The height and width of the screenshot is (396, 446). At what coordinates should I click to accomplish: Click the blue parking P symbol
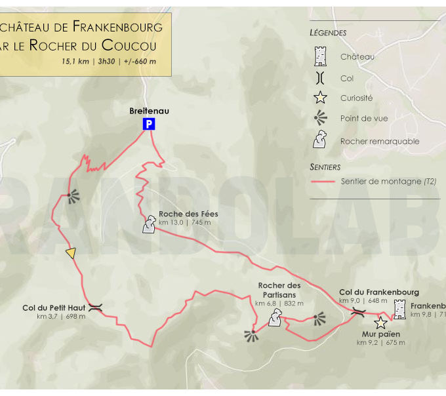(149, 124)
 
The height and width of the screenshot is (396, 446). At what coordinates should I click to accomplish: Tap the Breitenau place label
(149, 111)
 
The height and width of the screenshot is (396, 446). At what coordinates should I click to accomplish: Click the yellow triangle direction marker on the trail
(71, 253)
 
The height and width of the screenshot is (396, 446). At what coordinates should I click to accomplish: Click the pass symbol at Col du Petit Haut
(96, 307)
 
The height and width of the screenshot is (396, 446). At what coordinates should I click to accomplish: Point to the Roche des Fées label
(188, 214)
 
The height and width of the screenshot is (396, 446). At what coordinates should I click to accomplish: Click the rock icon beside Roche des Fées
(150, 225)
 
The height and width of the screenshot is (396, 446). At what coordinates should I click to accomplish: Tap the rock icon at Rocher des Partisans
(275, 319)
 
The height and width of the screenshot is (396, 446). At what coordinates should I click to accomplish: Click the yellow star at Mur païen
(380, 323)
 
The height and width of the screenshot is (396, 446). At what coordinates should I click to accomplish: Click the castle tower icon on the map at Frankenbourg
(399, 309)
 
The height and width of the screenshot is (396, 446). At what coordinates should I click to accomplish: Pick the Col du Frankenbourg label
(379, 292)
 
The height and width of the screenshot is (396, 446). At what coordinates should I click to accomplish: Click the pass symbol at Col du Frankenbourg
(357, 312)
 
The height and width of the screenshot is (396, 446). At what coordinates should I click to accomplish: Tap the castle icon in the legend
(321, 56)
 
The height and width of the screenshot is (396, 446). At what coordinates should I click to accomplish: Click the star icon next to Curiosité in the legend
(321, 98)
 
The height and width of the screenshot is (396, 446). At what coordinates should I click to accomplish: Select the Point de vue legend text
(364, 119)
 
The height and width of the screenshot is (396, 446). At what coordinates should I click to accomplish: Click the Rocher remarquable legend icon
(321, 140)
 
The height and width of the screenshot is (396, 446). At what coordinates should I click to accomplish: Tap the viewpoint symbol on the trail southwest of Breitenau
(71, 195)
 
